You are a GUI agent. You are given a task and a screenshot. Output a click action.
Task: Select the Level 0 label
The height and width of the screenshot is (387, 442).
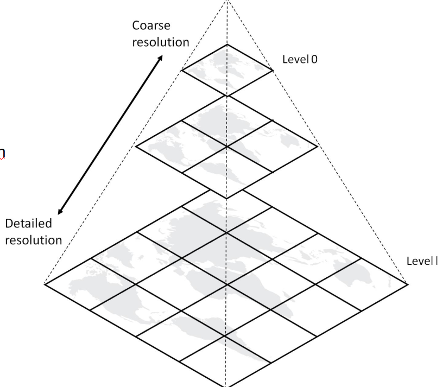(300, 59)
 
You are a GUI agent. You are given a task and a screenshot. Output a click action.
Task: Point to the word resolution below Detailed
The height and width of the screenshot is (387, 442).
(34, 239)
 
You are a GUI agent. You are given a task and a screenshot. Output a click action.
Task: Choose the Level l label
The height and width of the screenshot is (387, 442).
(422, 261)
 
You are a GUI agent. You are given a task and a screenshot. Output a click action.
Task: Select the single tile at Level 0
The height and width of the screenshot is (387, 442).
(227, 70)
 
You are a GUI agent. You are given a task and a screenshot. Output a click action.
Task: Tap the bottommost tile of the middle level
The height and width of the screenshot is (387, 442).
(226, 173)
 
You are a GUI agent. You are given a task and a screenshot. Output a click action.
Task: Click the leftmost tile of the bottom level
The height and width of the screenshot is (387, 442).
(90, 284)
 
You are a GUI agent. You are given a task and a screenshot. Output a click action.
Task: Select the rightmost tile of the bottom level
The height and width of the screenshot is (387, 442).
(362, 284)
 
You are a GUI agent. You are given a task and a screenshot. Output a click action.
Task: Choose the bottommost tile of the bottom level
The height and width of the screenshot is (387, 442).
(226, 361)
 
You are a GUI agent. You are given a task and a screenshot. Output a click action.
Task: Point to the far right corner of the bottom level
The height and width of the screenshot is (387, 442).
(408, 283)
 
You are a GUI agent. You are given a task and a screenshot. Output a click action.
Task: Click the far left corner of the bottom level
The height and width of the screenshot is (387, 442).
(45, 284)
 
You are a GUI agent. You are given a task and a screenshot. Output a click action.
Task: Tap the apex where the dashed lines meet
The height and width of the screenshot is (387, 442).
(227, 2)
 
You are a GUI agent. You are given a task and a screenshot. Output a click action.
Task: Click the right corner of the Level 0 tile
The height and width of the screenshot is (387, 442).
(273, 70)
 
